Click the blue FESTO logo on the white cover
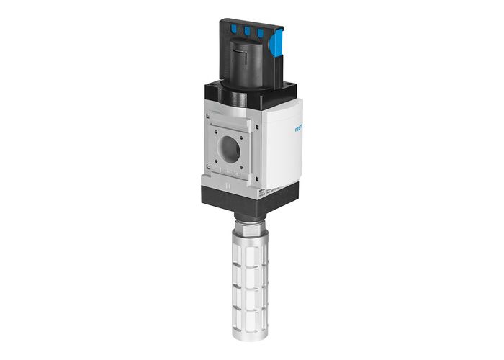(x=297, y=130)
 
